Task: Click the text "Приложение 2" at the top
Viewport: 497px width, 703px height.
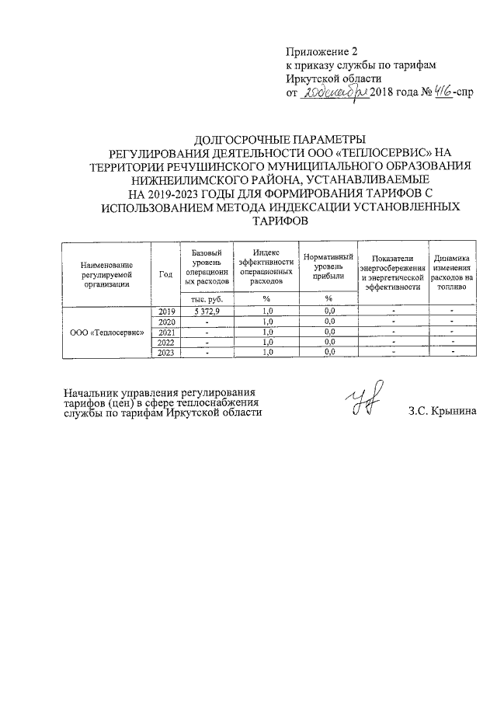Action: pos(321,51)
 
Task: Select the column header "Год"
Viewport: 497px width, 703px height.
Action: pos(165,273)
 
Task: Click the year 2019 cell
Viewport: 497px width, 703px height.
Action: pos(165,311)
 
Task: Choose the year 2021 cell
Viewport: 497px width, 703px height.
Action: pos(165,332)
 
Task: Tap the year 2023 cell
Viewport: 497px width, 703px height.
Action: pos(165,353)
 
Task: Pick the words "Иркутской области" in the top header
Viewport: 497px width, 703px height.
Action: pos(334,79)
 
